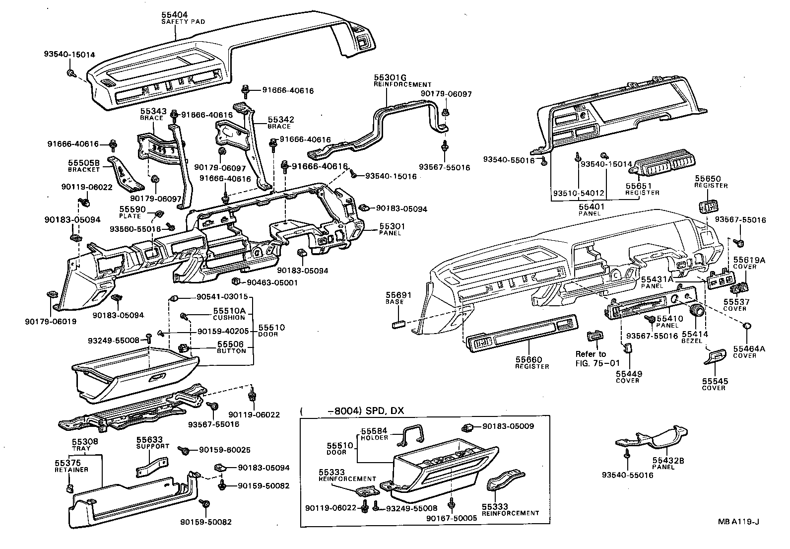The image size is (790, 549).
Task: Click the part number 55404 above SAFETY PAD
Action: (x=175, y=16)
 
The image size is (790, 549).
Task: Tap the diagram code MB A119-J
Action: (x=739, y=521)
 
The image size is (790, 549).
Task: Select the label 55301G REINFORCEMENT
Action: (x=402, y=80)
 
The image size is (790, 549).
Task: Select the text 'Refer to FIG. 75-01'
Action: (x=591, y=358)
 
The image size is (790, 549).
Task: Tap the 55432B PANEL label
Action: (x=668, y=464)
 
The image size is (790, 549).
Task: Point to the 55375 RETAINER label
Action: (x=71, y=466)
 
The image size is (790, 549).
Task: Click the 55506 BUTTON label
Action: (x=231, y=347)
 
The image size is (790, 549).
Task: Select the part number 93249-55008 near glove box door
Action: (x=113, y=341)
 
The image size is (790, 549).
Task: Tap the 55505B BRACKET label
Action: (x=84, y=165)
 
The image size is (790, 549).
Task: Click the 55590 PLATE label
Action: (x=130, y=212)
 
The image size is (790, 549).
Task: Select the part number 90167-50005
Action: (x=452, y=518)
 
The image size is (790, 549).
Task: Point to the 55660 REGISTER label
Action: (x=531, y=362)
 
